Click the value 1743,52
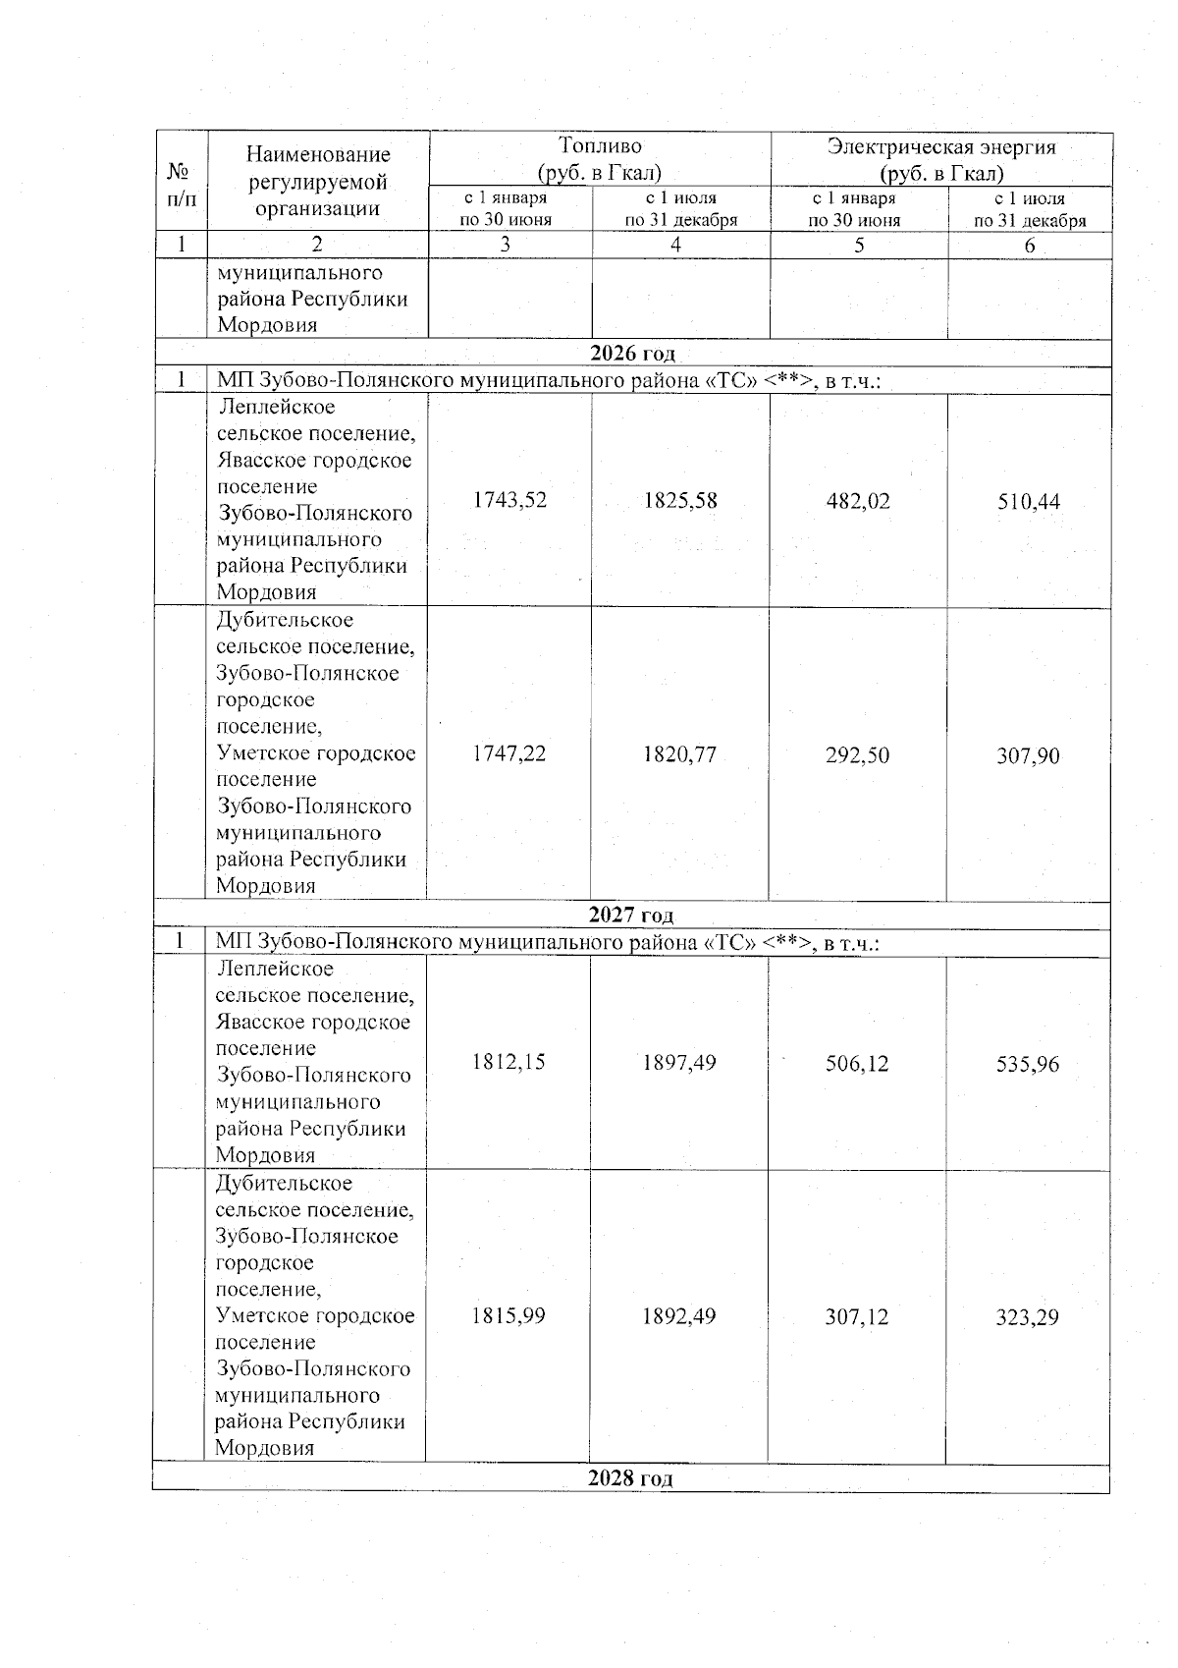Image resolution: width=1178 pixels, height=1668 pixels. click(509, 500)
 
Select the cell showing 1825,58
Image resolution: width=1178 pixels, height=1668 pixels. click(679, 501)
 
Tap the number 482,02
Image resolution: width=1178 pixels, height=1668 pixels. click(858, 501)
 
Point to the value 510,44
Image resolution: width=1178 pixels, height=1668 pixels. click(1028, 502)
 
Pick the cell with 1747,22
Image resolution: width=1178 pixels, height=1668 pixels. click(509, 753)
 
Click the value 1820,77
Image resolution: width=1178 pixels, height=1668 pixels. click(679, 754)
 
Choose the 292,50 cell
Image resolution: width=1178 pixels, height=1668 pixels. click(858, 755)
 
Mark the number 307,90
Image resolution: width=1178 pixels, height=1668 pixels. click(1028, 756)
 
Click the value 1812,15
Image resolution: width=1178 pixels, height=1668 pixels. click(508, 1062)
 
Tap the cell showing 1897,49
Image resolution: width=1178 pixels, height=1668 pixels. click(678, 1063)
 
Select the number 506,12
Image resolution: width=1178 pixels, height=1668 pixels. click(857, 1064)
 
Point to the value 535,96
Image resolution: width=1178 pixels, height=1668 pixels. click(1027, 1065)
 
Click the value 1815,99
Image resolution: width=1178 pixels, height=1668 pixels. click(508, 1315)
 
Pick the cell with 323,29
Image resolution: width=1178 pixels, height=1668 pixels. click(1027, 1317)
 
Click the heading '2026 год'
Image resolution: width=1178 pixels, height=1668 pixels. click(632, 354)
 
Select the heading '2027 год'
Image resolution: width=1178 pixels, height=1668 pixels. click(631, 916)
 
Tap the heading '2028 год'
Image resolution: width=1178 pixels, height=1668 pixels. click(630, 1479)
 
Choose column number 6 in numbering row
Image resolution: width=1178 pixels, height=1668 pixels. click(1029, 246)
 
